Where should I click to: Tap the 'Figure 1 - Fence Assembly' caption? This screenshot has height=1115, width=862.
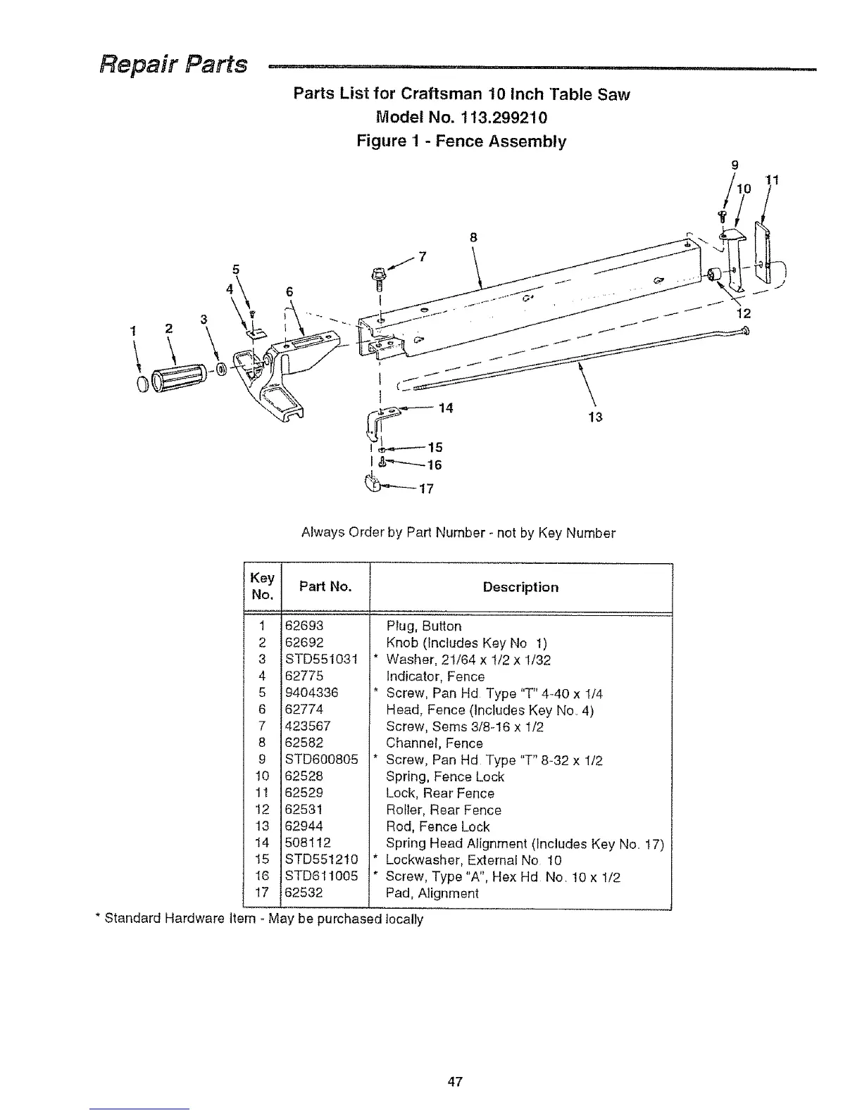[461, 141]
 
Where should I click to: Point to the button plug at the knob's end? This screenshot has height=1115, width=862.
[143, 384]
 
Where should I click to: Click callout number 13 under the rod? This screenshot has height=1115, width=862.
[595, 417]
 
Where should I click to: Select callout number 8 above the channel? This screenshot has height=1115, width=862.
[474, 238]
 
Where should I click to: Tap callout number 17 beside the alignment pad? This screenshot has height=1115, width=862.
[426, 489]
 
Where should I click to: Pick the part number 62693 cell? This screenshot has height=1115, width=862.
[304, 626]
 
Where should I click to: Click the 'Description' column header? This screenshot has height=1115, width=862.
[520, 587]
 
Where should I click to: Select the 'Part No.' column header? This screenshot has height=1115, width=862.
[325, 587]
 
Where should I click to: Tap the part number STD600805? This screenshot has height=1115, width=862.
[321, 760]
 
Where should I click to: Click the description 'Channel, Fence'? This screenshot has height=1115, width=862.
[434, 743]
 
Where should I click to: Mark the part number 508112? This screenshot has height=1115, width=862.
[308, 843]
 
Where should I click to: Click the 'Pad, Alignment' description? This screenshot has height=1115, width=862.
[432, 893]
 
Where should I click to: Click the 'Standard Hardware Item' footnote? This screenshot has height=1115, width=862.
[263, 919]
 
